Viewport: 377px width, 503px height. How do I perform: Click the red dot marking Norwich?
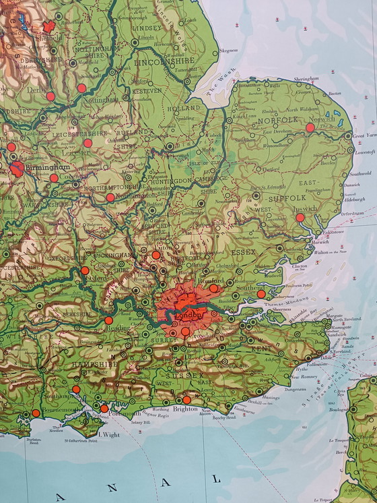(310, 127)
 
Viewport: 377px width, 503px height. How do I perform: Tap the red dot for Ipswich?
(300, 218)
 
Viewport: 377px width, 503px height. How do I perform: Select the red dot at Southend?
(261, 294)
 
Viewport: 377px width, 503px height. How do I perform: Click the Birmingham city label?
(48, 167)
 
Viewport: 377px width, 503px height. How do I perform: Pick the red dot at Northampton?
(110, 198)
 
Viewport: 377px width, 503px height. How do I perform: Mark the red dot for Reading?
(108, 320)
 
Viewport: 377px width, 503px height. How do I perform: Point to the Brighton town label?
(185, 409)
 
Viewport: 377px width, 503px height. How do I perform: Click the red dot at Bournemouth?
(36, 413)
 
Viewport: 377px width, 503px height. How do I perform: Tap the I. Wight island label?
(108, 435)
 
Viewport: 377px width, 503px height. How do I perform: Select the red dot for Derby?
(50, 96)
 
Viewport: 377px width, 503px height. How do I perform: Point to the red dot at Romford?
(213, 288)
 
